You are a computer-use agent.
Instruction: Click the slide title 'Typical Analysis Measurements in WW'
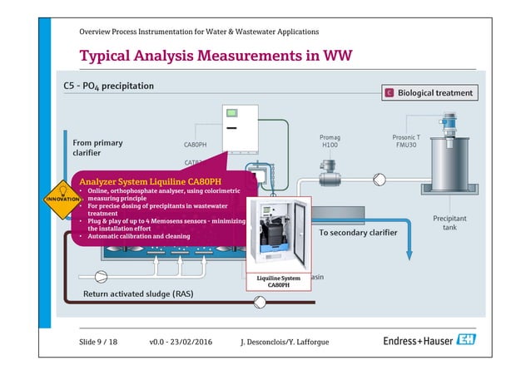[x=216, y=56]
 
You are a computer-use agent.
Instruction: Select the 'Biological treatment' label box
[x=429, y=93]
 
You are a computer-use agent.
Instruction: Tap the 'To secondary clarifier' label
[x=358, y=232]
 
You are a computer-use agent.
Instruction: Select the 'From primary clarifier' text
[x=97, y=148]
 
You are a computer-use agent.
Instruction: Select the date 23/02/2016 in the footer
[x=191, y=342]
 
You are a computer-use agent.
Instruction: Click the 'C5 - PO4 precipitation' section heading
[x=108, y=86]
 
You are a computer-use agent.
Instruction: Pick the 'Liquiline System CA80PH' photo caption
[x=278, y=281]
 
